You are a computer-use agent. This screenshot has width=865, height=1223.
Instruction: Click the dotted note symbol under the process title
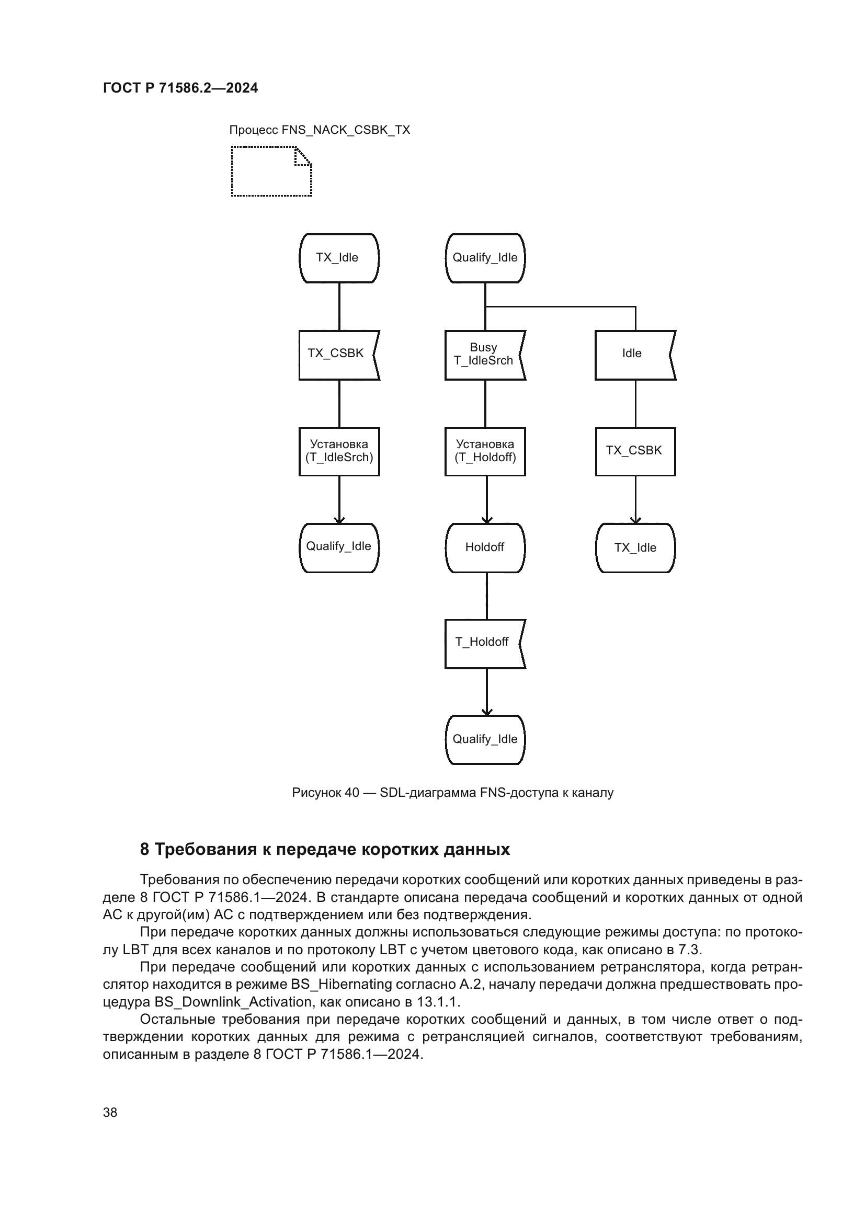click(271, 172)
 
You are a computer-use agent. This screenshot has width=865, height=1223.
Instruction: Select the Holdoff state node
click(485, 547)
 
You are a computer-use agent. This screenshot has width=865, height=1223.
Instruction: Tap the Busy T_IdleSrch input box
click(484, 355)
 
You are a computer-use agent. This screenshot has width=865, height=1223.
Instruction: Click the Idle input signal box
click(633, 355)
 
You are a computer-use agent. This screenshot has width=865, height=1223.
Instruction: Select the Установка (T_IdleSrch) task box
click(339, 451)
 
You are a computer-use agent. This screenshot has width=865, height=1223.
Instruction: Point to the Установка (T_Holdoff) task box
click(485, 451)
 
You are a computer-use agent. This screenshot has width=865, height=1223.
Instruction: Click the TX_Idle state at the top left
click(339, 258)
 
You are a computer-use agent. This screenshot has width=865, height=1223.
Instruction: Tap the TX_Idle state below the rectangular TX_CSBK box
click(635, 547)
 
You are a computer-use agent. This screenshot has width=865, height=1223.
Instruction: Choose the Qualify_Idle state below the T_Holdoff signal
click(485, 739)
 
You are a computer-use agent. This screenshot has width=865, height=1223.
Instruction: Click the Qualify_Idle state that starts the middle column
click(485, 258)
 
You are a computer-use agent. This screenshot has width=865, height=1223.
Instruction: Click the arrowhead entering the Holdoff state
click(486, 520)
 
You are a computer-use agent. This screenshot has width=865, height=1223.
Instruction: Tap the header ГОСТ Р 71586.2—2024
click(180, 88)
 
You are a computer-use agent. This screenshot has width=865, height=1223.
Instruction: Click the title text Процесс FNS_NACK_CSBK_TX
click(320, 130)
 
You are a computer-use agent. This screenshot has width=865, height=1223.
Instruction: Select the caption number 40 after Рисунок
click(351, 793)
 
